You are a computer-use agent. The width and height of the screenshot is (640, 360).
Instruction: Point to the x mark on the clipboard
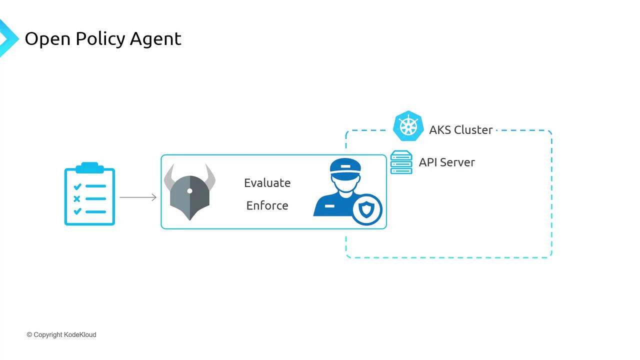(77, 199)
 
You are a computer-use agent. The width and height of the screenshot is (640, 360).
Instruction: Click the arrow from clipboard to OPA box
(138, 197)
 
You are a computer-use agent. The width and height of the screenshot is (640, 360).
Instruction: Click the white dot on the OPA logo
(189, 191)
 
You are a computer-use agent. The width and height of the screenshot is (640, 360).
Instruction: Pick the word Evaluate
(267, 183)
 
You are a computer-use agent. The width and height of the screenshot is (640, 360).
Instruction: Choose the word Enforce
(267, 205)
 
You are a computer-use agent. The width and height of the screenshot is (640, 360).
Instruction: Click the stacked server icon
(401, 162)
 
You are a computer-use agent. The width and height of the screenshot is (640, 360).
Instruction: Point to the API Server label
(446, 162)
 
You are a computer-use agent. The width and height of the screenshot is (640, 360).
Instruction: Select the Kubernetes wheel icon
(408, 125)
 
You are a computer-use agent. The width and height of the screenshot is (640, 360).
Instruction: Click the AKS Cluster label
(460, 130)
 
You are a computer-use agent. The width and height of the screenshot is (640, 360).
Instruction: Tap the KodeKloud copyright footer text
(61, 334)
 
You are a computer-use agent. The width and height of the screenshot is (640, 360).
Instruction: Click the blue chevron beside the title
(7, 38)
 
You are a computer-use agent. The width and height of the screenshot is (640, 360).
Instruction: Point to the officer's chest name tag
(330, 206)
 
